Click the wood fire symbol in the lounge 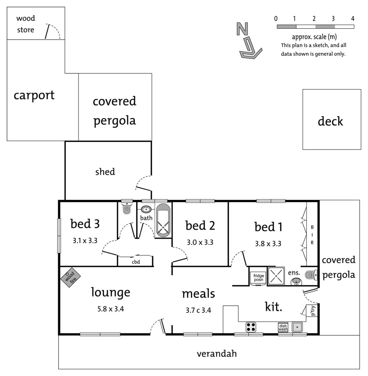pos(70,277)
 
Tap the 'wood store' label pos(26,24)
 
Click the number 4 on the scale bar pos(353,19)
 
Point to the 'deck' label pos(330,121)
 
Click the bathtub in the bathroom pos(163,220)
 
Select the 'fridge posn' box pos(258,278)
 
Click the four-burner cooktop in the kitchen pos(251,327)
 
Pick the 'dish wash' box pos(283,327)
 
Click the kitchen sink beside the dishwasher pos(297,327)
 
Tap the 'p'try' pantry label pos(313,311)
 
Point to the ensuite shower pos(276,276)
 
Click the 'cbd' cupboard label pos(136,262)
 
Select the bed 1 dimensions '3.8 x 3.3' pos(268,244)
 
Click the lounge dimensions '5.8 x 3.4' pos(111,309)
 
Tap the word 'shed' pos(105,172)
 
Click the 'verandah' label pos(217,353)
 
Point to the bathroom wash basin pos(146,209)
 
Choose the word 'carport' pos(34,95)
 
